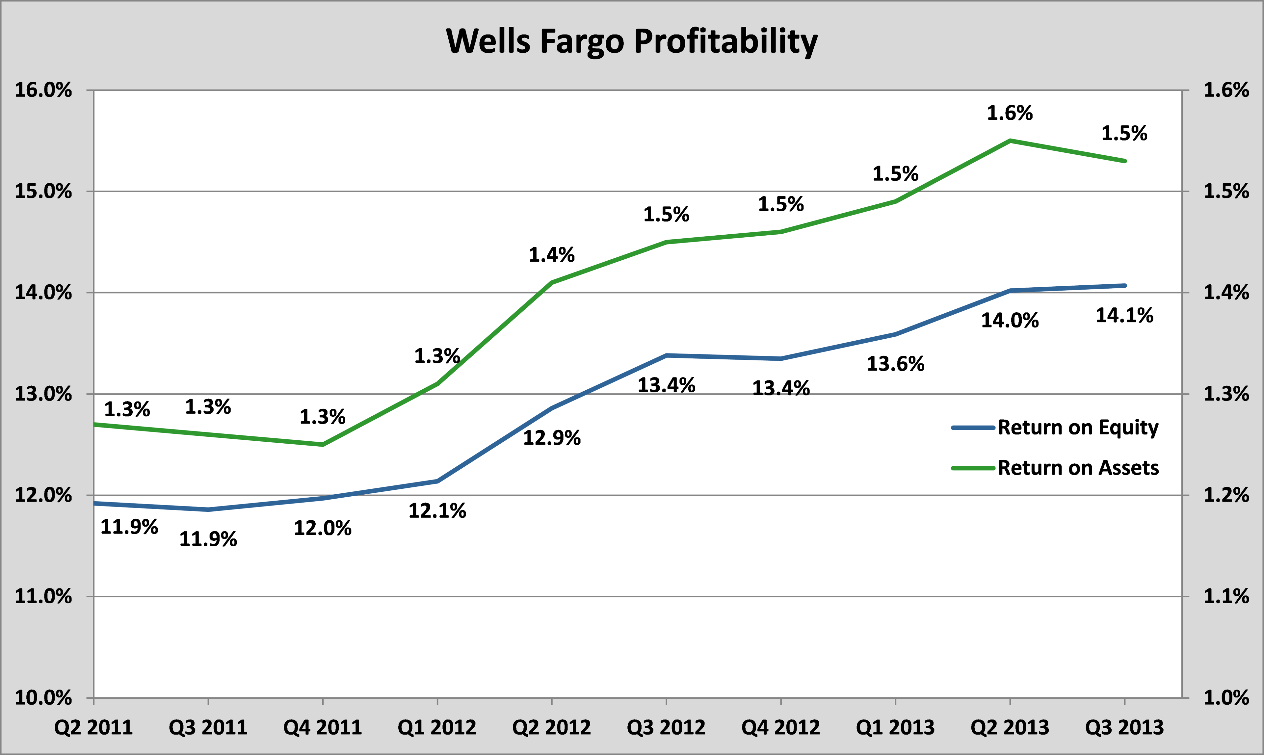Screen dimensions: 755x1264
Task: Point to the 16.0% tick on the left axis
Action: pos(43,91)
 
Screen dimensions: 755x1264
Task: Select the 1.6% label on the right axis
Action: pos(1226,91)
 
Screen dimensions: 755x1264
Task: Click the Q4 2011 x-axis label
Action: pos(323,728)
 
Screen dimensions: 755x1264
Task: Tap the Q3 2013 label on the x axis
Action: pos(1124,728)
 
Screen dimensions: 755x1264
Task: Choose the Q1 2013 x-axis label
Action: pos(895,728)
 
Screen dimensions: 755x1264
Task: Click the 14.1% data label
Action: pos(1124,315)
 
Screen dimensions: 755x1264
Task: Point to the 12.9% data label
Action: pos(552,437)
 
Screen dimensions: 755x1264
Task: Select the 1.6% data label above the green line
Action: pos(1010,113)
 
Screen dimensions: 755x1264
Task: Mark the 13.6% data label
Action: pos(895,364)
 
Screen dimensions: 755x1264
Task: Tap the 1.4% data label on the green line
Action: pos(552,254)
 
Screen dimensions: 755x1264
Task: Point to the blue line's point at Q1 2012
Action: pos(437,481)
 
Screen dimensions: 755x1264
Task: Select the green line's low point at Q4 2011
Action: pos(323,445)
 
